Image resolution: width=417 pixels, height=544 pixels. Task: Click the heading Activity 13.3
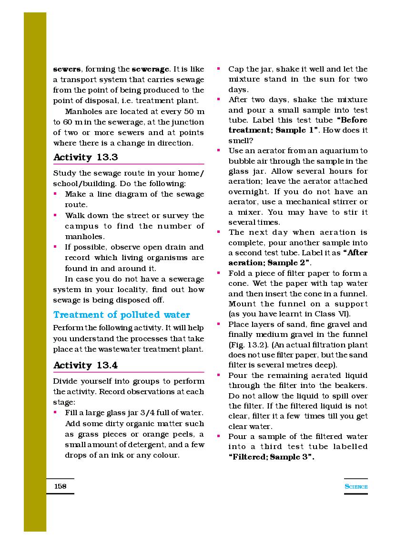tap(86, 157)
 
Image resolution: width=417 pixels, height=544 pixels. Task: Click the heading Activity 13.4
tap(86, 366)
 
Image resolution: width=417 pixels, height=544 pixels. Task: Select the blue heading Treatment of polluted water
tap(122, 315)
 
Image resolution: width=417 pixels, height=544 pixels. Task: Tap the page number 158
tap(61, 486)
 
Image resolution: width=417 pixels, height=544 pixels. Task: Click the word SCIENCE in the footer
tap(356, 487)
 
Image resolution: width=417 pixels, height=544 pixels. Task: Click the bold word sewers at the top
tap(66, 69)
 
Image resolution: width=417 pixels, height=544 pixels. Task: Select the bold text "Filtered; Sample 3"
tap(271, 457)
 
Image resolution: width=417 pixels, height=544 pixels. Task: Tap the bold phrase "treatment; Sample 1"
tap(268, 130)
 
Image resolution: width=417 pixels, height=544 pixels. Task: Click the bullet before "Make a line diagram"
tap(55, 194)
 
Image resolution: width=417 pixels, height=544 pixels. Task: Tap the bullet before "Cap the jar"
tap(219, 69)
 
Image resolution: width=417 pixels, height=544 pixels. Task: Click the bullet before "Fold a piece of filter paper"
tap(219, 273)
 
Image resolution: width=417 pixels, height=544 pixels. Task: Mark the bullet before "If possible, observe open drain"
tap(55, 247)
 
